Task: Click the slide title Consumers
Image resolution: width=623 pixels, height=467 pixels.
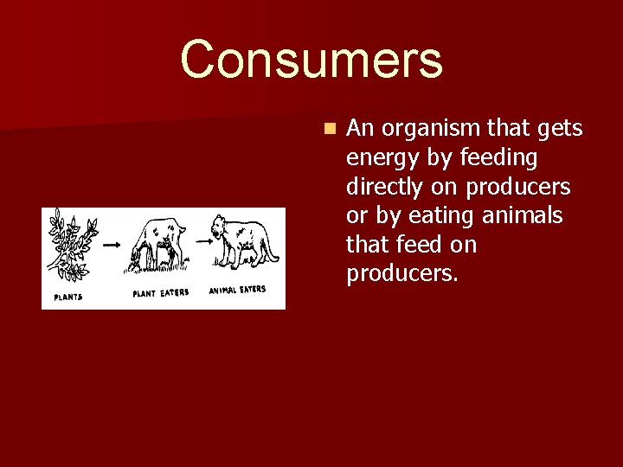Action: pos(311,60)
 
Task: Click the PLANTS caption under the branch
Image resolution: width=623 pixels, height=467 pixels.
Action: pos(69,297)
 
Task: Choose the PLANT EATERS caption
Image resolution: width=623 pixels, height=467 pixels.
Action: pos(160,293)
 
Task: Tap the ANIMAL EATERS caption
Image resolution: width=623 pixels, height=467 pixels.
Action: pos(238,290)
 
